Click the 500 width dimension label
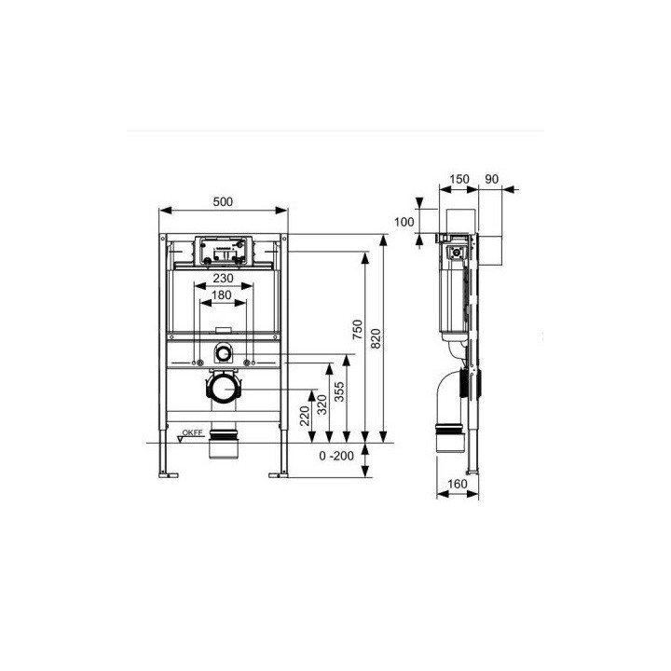click(223, 201)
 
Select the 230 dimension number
click(224, 278)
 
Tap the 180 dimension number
click(222, 294)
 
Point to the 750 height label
click(357, 330)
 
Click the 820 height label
click(376, 338)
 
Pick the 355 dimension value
click(339, 391)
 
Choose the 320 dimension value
click(322, 404)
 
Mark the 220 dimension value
click(304, 416)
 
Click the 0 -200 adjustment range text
click(336, 456)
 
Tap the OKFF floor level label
click(192, 432)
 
